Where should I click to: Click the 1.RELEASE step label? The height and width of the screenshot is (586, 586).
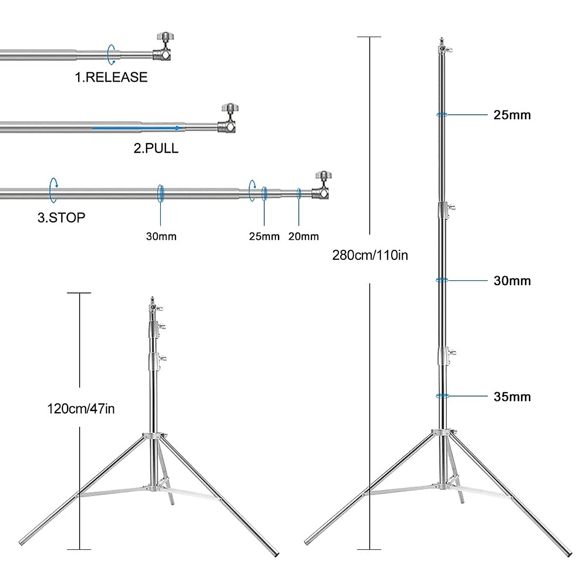[x=111, y=77]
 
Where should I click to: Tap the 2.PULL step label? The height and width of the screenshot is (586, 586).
[x=156, y=148]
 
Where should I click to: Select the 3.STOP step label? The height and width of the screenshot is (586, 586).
[x=62, y=217]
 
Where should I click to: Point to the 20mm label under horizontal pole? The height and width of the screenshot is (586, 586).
[x=303, y=237]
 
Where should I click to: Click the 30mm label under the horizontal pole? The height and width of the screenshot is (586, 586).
[x=161, y=237]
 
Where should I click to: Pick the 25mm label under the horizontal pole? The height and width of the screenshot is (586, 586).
[x=264, y=237]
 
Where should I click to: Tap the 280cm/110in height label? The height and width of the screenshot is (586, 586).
[x=370, y=255]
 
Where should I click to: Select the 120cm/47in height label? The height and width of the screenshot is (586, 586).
[x=81, y=408]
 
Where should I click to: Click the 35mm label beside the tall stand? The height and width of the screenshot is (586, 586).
[x=512, y=397]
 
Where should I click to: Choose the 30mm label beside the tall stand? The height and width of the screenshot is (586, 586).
[x=512, y=281]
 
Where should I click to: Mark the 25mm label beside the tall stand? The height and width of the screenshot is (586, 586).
[x=512, y=115]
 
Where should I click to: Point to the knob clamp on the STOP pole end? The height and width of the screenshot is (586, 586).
[x=322, y=186]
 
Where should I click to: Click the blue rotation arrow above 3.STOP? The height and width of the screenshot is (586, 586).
[x=53, y=189]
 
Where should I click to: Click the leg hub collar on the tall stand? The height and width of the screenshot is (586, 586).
[x=443, y=433]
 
